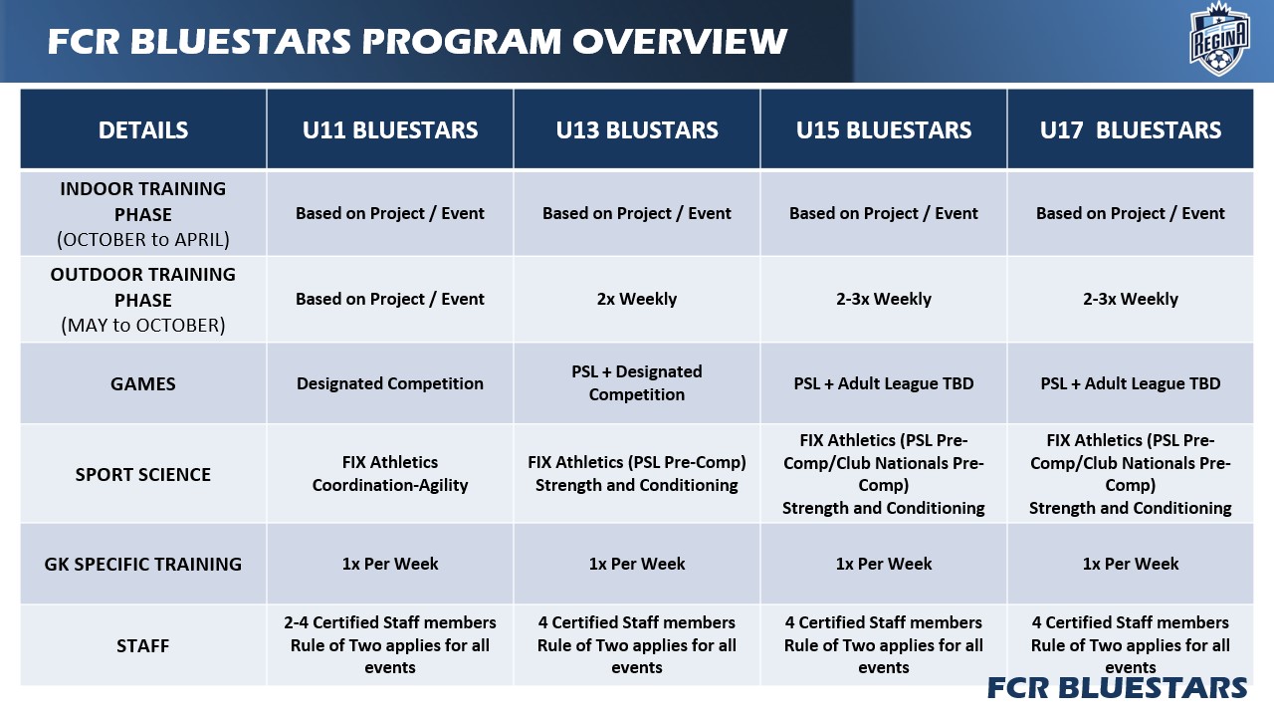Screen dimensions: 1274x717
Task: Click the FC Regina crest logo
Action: coord(1219,40)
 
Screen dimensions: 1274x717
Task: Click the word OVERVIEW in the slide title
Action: coord(679,41)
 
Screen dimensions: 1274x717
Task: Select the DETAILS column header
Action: coord(143,130)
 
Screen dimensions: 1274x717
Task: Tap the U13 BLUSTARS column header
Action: coord(637,130)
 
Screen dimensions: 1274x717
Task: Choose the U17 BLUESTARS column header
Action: coord(1131,130)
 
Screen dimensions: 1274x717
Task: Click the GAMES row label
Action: coord(143,384)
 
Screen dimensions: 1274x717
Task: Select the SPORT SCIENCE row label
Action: coord(143,475)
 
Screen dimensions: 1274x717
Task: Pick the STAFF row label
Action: coord(143,646)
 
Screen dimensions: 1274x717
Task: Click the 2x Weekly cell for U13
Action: coord(637,299)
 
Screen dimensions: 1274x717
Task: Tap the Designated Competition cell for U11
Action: coord(390,383)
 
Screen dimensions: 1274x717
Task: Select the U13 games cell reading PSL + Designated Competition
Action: coord(637,383)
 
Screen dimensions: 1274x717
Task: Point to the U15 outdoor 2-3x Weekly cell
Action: coord(884,299)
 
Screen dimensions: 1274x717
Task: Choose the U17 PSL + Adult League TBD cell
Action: coord(1131,383)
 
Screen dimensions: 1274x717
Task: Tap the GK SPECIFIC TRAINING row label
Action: coord(143,564)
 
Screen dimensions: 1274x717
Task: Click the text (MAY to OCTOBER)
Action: coord(143,325)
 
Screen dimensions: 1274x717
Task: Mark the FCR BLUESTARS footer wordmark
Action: coord(1117,688)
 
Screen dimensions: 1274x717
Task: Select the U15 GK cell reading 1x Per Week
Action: coord(884,564)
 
